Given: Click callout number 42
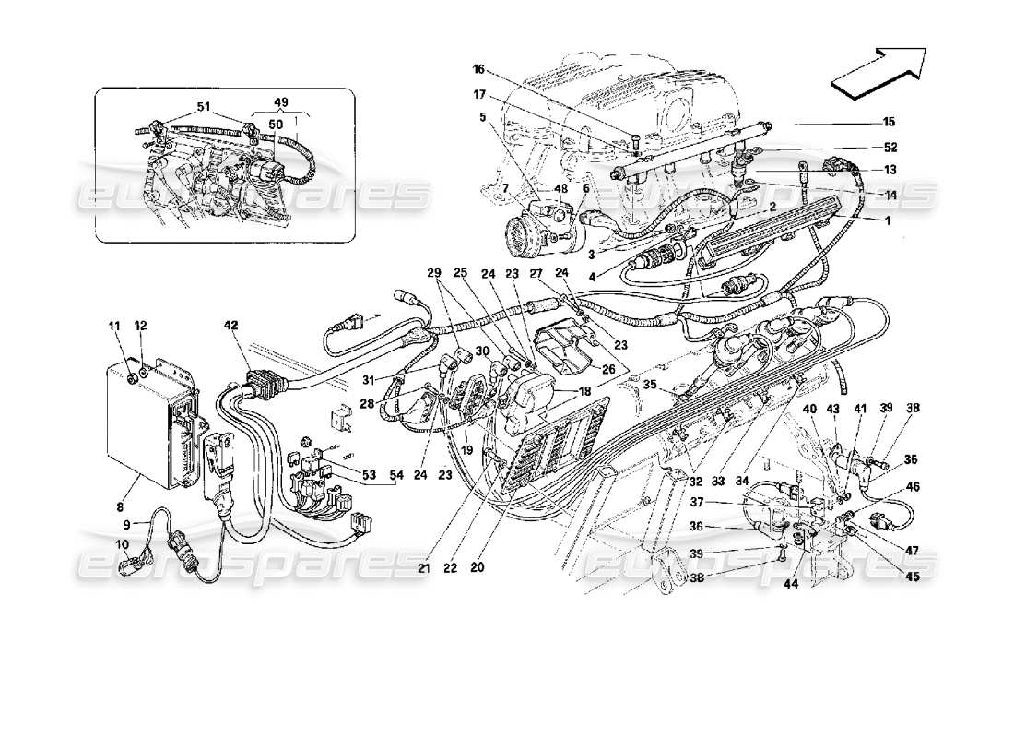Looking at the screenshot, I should tap(230, 325).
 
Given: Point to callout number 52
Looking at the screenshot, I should tap(889, 148).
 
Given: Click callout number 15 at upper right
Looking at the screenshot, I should tap(889, 121).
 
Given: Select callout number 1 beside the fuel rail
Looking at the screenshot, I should tap(888, 221).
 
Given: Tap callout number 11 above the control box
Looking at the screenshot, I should tap(115, 325).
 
